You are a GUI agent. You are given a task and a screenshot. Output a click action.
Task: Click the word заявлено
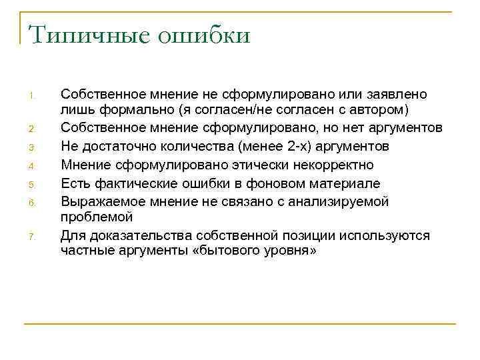click(399, 95)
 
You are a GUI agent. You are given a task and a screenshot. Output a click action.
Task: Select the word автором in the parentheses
click(381, 109)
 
